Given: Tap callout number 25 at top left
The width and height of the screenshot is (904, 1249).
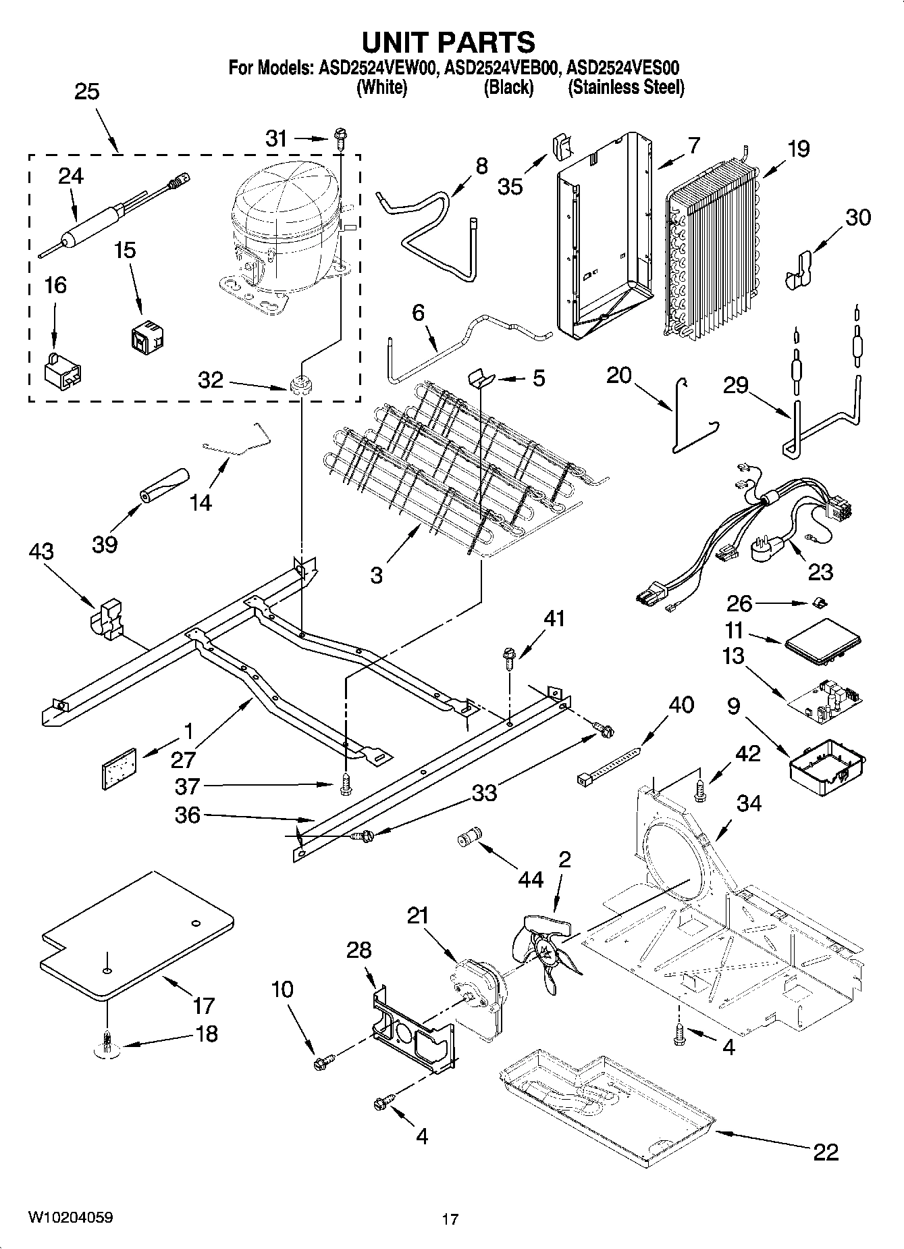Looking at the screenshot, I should pyautogui.click(x=86, y=92).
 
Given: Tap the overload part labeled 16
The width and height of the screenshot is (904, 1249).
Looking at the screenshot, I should pyautogui.click(x=63, y=373).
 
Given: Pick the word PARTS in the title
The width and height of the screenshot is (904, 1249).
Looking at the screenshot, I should pyautogui.click(x=485, y=43).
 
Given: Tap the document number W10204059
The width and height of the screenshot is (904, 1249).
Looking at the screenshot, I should pyautogui.click(x=70, y=1217).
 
